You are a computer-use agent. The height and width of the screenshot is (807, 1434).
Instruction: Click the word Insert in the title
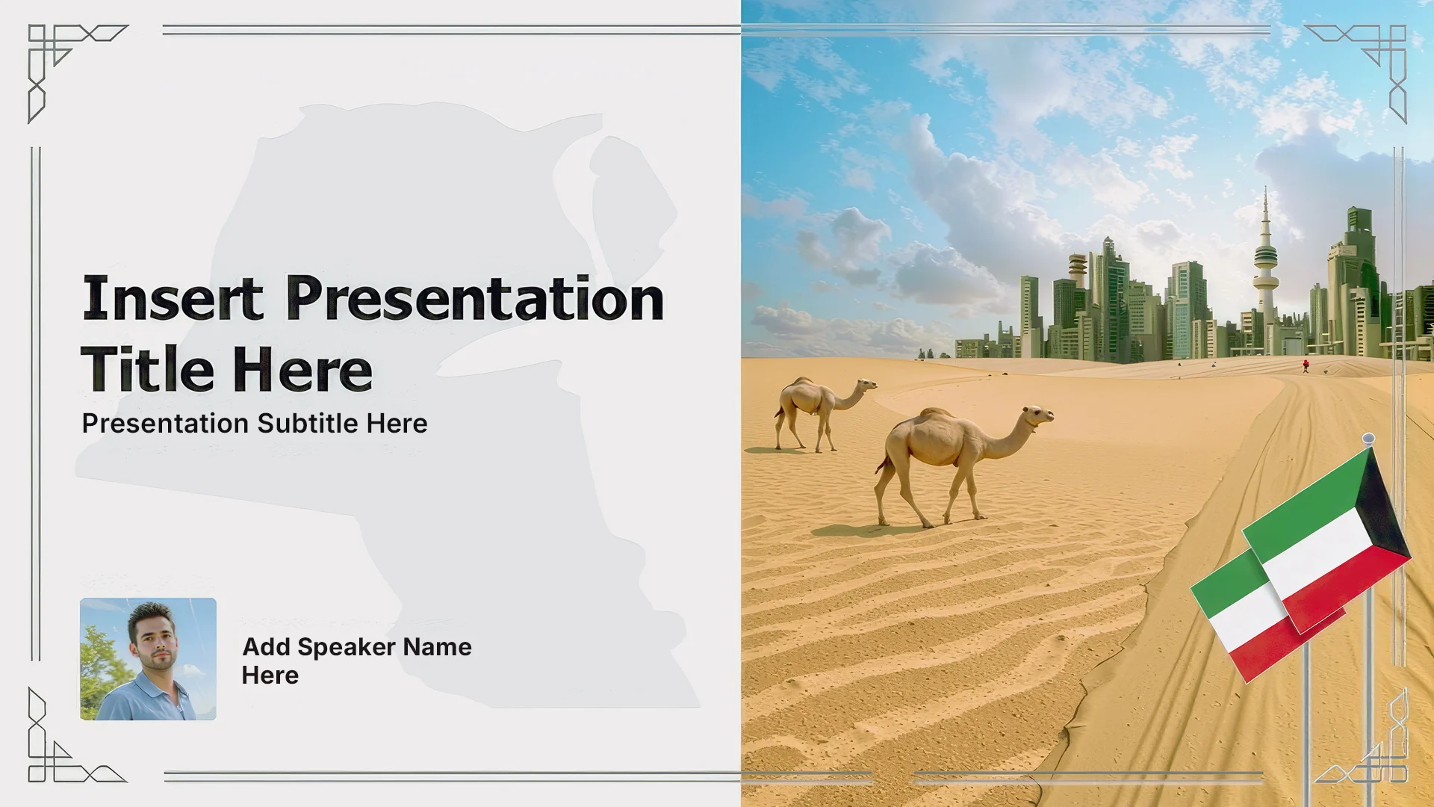(173, 298)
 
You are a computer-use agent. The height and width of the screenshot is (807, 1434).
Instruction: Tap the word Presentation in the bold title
(475, 298)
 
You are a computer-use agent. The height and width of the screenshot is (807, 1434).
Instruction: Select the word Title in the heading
(148, 369)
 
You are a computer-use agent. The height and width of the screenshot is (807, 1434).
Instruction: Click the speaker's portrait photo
(148, 659)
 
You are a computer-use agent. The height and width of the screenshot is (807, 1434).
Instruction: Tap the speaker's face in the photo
(156, 641)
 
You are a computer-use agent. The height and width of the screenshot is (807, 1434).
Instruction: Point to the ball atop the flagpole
(1368, 438)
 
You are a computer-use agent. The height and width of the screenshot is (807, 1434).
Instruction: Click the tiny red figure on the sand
(1306, 365)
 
